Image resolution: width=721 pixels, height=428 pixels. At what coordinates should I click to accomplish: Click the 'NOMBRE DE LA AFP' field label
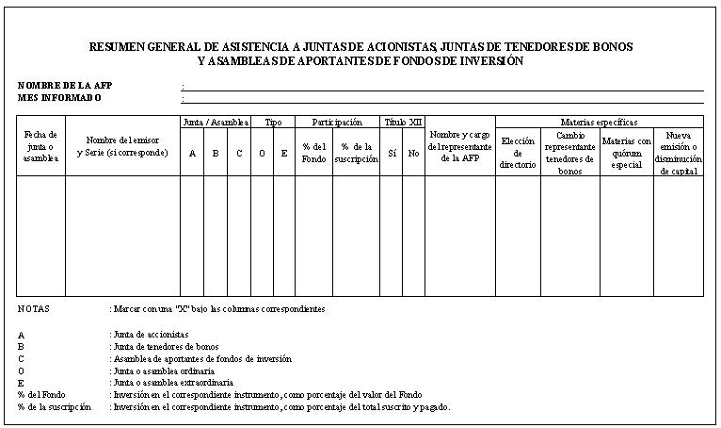click(x=58, y=85)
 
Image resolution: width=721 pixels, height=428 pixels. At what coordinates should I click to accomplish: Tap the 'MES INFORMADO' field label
click(x=58, y=97)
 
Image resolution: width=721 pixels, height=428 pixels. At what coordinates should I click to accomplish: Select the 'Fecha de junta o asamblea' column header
click(x=40, y=146)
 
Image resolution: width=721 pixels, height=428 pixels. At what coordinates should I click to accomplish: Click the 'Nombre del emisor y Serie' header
click(x=122, y=146)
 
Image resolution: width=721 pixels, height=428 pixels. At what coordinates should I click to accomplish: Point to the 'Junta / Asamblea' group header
click(x=216, y=122)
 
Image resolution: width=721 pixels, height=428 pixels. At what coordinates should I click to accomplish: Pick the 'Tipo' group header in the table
click(x=273, y=122)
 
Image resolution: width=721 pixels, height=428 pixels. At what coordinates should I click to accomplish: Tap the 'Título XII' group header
click(x=403, y=122)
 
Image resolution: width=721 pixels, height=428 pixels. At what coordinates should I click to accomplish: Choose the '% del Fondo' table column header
click(x=313, y=153)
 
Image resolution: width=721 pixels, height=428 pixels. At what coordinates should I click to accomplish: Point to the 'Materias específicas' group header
click(x=599, y=122)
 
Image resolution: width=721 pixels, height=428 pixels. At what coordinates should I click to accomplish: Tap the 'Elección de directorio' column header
click(x=518, y=152)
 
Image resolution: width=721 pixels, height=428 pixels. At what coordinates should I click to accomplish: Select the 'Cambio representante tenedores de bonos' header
click(x=570, y=152)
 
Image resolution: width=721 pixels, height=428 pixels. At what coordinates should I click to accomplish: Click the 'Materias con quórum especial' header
click(x=627, y=152)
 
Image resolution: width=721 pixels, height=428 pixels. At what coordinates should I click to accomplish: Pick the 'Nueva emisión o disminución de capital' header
click(x=679, y=152)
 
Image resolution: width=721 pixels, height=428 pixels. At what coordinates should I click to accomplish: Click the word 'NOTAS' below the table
click(x=34, y=308)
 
